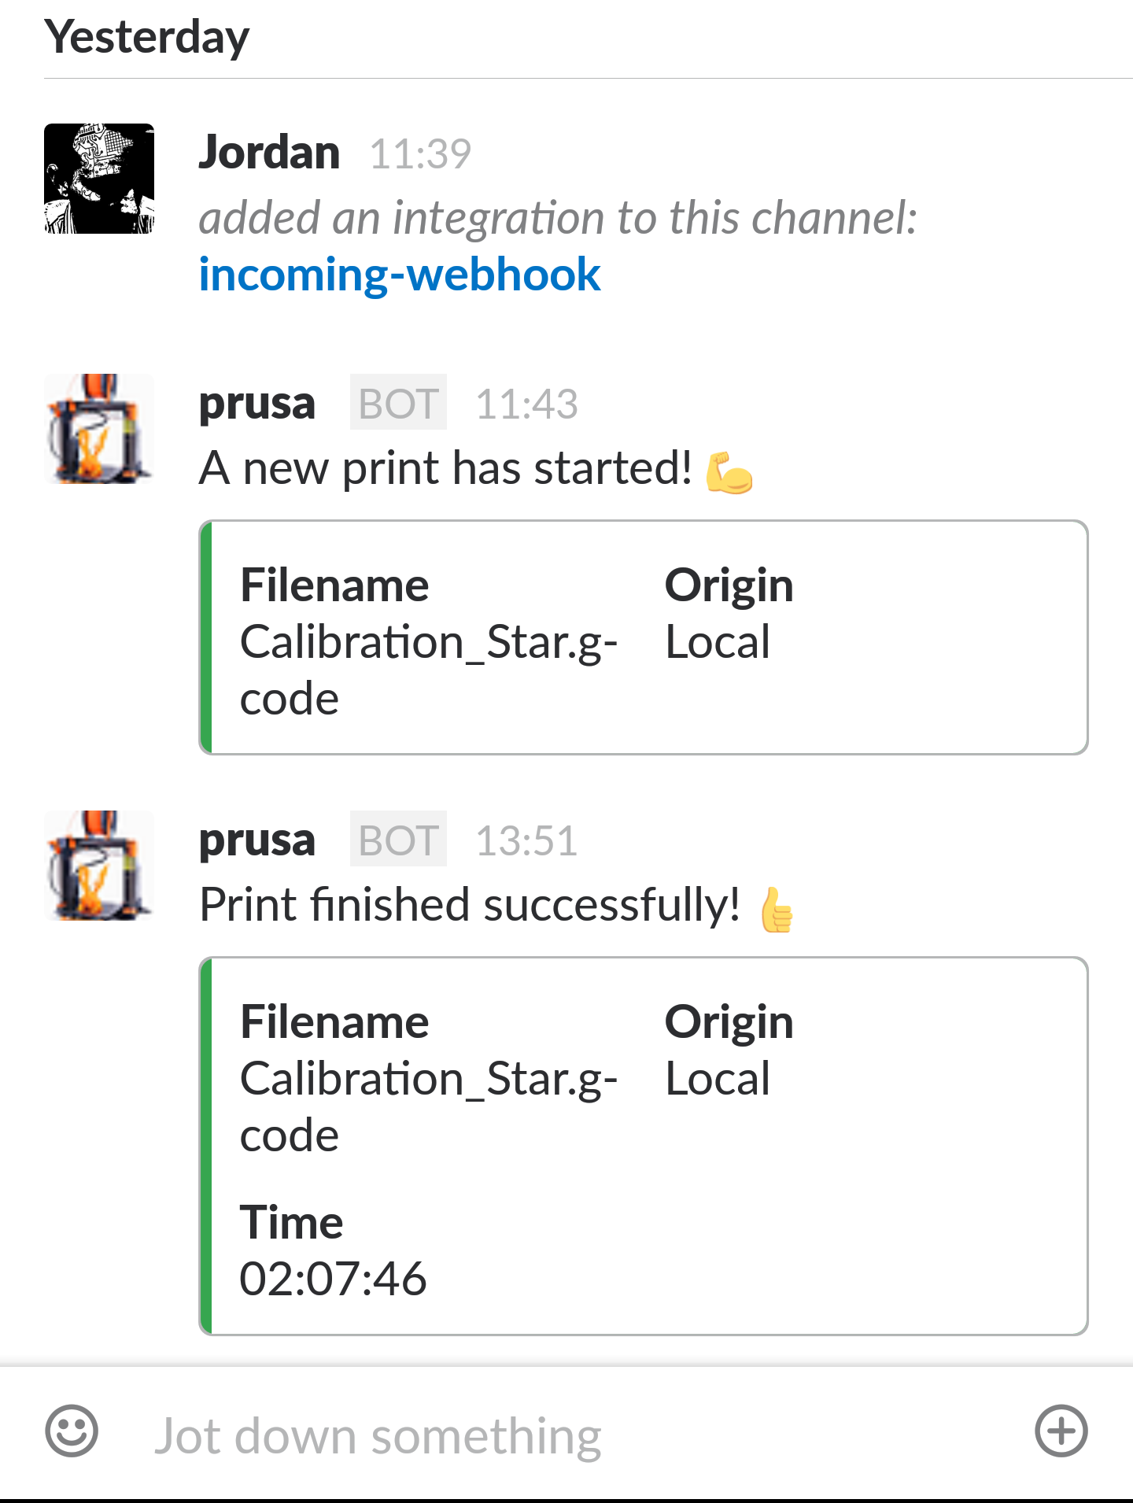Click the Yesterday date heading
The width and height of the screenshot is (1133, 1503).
[147, 37]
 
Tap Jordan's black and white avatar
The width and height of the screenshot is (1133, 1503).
[99, 179]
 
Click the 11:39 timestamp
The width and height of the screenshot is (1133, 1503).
[420, 153]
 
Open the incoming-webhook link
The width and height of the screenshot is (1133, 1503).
[400, 275]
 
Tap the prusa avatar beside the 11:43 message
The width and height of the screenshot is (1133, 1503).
[99, 429]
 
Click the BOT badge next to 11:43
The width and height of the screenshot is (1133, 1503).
[398, 403]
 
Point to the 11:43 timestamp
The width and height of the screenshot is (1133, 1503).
[526, 404]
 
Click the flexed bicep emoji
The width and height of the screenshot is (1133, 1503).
[729, 472]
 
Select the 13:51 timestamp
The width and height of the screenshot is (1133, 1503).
[526, 841]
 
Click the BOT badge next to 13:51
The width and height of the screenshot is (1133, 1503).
[398, 840]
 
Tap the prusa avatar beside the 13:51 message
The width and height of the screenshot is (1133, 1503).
[99, 866]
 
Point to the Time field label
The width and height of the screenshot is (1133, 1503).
[291, 1222]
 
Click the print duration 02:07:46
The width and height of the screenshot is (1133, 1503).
[333, 1279]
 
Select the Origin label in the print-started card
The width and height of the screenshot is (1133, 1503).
[729, 585]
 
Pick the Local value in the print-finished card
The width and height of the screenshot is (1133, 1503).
[717, 1079]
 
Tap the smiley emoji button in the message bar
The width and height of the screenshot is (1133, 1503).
[72, 1431]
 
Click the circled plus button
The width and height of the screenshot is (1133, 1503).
[1061, 1431]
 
